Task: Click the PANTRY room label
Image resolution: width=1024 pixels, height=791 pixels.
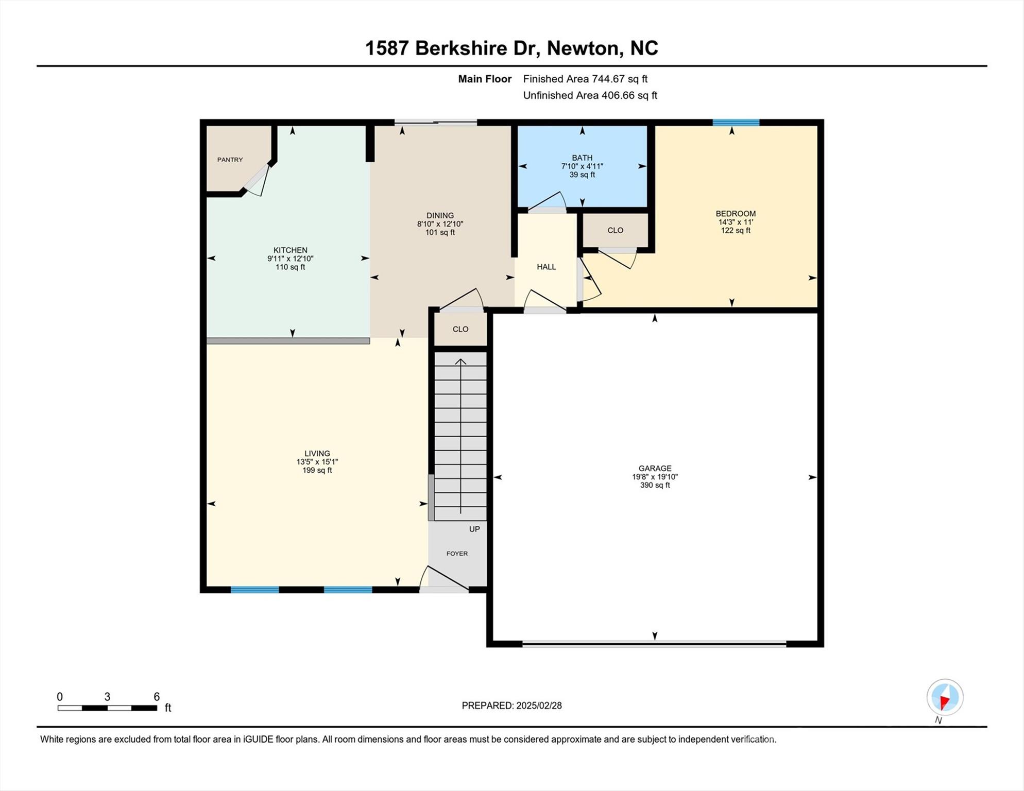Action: [x=230, y=160]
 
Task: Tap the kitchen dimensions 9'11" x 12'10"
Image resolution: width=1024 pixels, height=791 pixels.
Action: [x=290, y=259]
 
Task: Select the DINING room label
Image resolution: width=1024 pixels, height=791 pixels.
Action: [x=440, y=215]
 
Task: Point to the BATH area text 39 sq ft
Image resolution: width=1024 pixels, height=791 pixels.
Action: [x=582, y=175]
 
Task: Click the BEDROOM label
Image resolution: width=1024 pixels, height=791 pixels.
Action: [x=735, y=213]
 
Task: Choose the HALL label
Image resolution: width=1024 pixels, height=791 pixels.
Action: [x=546, y=267]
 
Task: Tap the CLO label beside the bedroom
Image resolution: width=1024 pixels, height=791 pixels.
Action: [x=615, y=230]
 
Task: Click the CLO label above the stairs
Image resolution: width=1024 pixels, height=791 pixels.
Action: [x=460, y=329]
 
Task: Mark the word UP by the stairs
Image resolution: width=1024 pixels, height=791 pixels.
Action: [x=474, y=529]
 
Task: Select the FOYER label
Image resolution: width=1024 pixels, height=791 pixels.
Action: [x=457, y=554]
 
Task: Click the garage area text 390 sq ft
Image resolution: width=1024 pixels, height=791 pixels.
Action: [x=655, y=485]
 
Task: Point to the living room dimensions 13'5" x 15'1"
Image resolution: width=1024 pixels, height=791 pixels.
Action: [x=317, y=462]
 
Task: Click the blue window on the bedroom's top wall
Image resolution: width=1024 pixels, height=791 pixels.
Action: [x=736, y=123]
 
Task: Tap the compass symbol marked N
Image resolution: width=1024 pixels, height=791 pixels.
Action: [x=945, y=697]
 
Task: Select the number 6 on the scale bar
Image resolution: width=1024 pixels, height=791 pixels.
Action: [x=157, y=697]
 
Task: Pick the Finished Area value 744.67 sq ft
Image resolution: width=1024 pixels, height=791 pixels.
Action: [x=619, y=79]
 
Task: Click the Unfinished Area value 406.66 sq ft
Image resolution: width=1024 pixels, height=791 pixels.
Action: [x=629, y=95]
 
